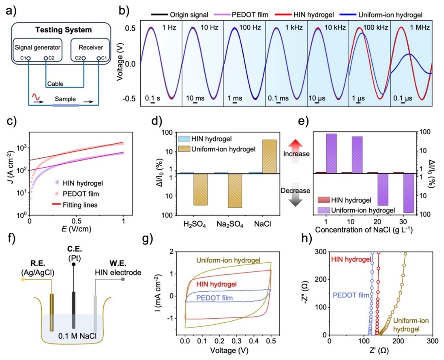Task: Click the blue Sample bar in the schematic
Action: pos(66,105)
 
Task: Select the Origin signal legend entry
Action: pos(179,15)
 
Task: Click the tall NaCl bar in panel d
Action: pos(270,156)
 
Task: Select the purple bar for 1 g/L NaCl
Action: pos(331,153)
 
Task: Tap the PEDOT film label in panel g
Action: pos(215,298)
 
